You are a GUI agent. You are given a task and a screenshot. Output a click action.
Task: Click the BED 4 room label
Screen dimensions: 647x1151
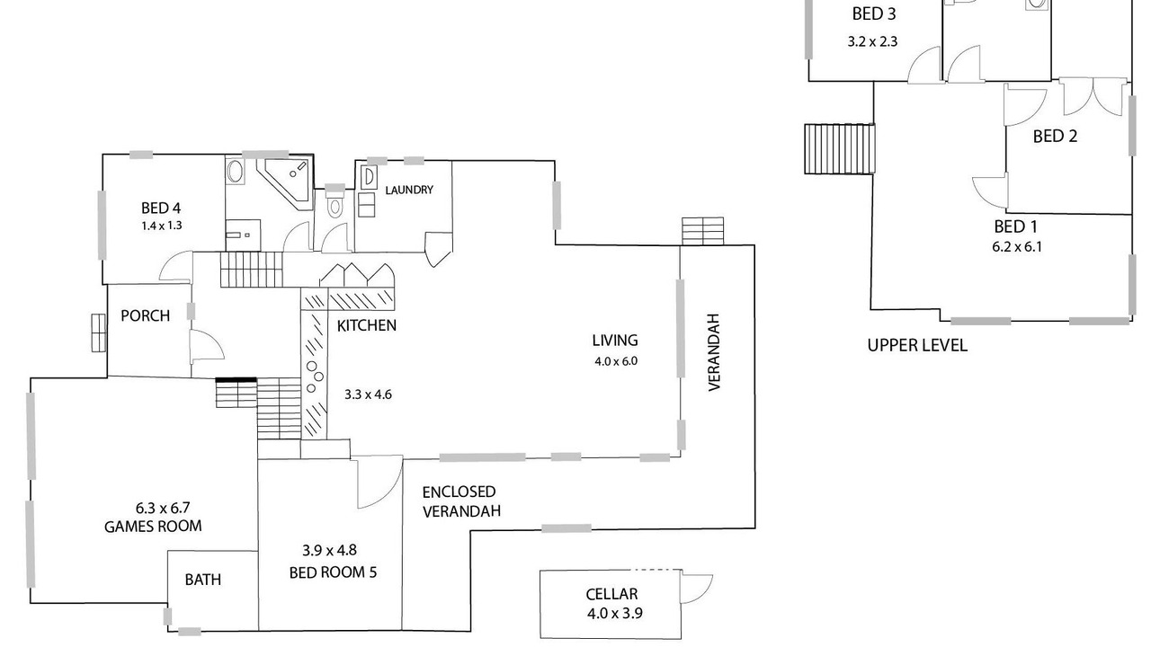(162, 208)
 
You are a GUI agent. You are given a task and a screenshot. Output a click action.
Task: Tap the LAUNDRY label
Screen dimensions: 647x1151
(409, 191)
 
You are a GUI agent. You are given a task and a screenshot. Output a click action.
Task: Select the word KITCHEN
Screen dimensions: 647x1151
(366, 325)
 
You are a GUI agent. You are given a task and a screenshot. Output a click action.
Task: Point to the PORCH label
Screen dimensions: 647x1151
(145, 316)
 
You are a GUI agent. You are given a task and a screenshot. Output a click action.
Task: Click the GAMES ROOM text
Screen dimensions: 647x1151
(153, 527)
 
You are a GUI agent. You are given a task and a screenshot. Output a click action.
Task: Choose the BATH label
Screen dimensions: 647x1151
(203, 580)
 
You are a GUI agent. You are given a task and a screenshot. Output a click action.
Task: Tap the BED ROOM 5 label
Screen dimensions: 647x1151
(333, 572)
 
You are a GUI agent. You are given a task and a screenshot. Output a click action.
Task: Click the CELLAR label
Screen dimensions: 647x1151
(611, 594)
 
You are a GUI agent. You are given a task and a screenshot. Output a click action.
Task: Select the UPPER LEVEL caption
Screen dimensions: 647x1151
(917, 345)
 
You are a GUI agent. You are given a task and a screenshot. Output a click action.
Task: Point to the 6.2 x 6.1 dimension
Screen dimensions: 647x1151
(1017, 246)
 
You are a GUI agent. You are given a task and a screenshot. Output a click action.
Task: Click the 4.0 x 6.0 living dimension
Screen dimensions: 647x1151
(615, 361)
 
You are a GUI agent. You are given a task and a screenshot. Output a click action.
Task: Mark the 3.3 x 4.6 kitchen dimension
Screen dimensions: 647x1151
(369, 394)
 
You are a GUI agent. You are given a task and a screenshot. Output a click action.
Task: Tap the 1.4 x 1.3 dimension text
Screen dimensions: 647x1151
(162, 226)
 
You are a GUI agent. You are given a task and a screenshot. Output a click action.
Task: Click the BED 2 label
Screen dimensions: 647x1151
(1055, 137)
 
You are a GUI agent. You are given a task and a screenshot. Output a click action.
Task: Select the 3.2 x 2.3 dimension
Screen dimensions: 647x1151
(872, 41)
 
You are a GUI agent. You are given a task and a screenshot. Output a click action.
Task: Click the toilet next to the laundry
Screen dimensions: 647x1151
(335, 206)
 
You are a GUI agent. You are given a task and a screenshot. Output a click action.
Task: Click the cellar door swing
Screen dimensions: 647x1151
(696, 588)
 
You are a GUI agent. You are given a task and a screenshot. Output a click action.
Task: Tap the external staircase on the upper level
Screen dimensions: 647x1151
(839, 148)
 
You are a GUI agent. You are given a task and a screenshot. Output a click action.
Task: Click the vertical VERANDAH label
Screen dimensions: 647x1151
(715, 352)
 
